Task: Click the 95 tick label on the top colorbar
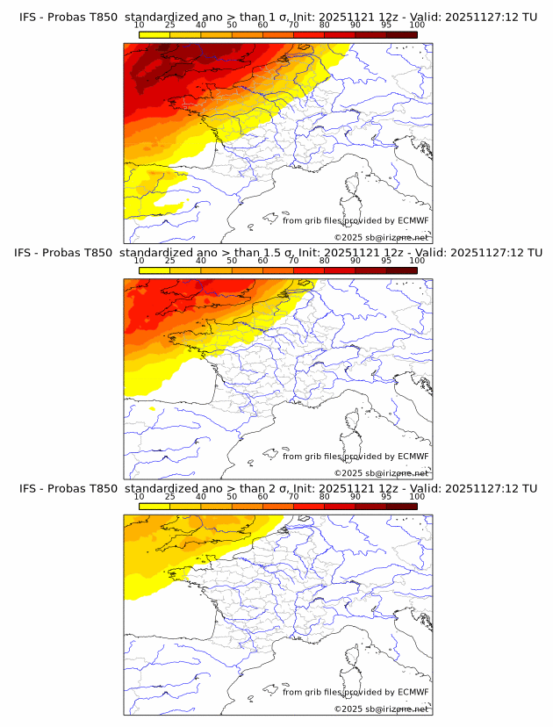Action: (x=385, y=25)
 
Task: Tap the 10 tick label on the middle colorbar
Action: (x=140, y=261)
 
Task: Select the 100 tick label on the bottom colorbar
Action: (x=417, y=496)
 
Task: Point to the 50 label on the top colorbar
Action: (x=232, y=25)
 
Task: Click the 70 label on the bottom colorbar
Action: (x=293, y=496)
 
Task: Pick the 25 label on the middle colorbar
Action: (x=169, y=261)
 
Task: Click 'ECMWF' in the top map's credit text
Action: (x=413, y=220)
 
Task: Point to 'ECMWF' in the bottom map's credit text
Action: (x=413, y=692)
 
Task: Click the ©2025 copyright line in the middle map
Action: (x=381, y=473)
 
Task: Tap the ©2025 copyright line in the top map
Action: (x=381, y=238)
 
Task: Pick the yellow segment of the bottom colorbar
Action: (x=154, y=506)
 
